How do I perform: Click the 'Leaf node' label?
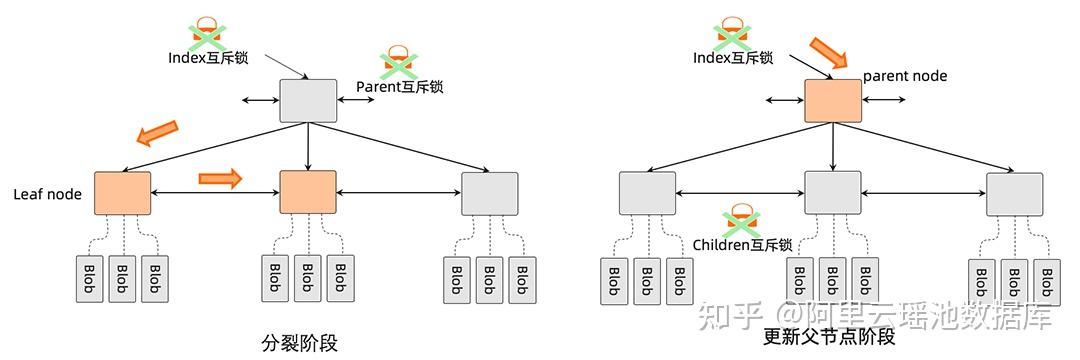[46, 194]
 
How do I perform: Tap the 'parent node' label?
[904, 76]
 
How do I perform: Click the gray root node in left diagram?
[308, 100]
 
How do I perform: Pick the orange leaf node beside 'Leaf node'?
[122, 193]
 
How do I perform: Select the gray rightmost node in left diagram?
[490, 194]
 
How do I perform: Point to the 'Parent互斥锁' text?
[399, 87]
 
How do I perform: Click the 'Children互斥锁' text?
[742, 244]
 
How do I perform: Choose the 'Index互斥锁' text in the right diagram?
[733, 58]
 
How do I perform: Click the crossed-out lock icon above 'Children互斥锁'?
[741, 218]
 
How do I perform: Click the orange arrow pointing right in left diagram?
[221, 178]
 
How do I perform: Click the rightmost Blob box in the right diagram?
[1047, 281]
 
